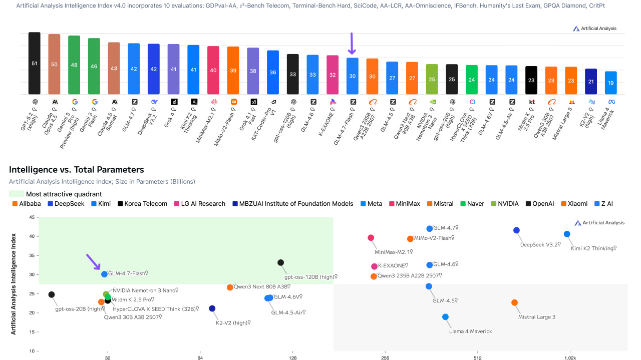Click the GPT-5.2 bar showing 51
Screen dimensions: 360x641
pyautogui.click(x=34, y=64)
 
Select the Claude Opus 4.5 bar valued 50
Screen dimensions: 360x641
pyautogui.click(x=54, y=64)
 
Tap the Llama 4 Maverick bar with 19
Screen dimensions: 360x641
pyautogui.click(x=610, y=83)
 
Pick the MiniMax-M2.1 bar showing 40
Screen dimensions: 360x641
pyautogui.click(x=213, y=70)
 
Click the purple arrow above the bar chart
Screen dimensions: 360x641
pyautogui.click(x=352, y=44)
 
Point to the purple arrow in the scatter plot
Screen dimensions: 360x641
pyautogui.click(x=93, y=261)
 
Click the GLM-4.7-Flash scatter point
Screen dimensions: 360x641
pyautogui.click(x=104, y=274)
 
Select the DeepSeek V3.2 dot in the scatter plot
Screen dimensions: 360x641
pyautogui.click(x=516, y=230)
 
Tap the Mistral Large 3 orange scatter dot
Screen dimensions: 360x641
pyautogui.click(x=514, y=302)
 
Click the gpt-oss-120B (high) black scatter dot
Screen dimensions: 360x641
pyautogui.click(x=280, y=262)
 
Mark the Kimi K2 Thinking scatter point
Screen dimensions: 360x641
pyautogui.click(x=567, y=234)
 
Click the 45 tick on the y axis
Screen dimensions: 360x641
pyautogui.click(x=31, y=217)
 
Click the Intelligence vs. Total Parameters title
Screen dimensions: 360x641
pyautogui.click(x=76, y=170)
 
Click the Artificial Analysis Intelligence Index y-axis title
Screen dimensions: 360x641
pyautogui.click(x=14, y=283)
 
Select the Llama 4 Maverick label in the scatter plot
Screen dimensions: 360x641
pyautogui.click(x=470, y=331)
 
